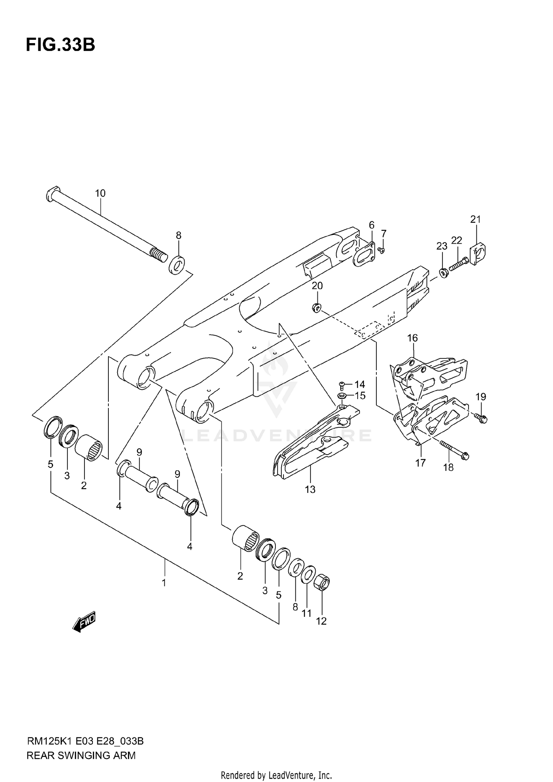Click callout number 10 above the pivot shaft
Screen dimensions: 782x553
[x=100, y=193]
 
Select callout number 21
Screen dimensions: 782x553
[x=476, y=219]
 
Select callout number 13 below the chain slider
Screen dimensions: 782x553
[x=310, y=489]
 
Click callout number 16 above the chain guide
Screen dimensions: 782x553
[x=412, y=338]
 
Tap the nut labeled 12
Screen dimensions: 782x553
[x=321, y=583]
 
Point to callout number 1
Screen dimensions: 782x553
[x=164, y=583]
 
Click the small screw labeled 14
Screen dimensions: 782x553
[x=341, y=385]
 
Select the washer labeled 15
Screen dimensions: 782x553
[x=341, y=396]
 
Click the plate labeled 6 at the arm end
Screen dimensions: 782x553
[x=364, y=254]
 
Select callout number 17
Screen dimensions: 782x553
[x=420, y=463]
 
